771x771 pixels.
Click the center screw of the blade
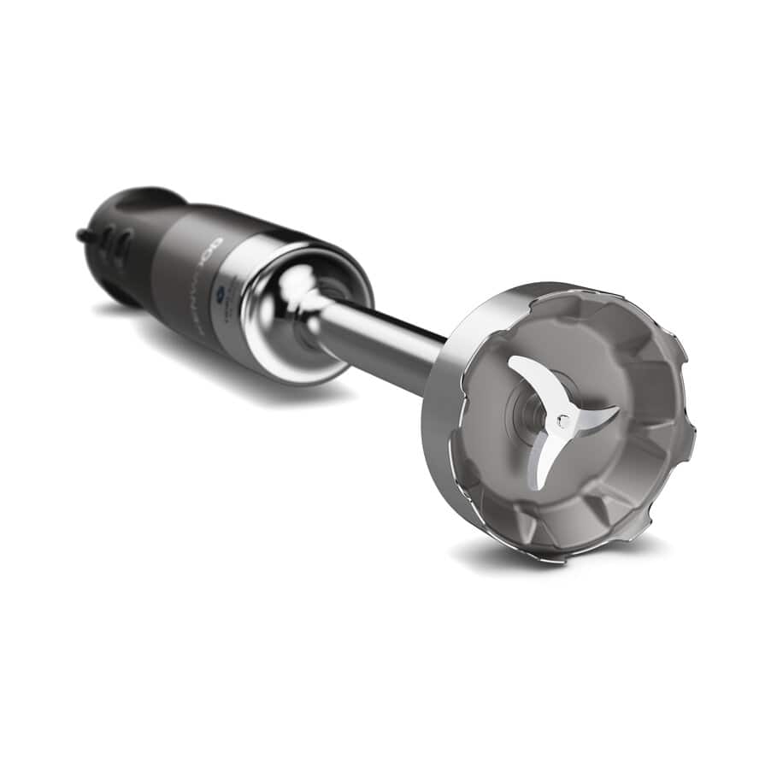562,420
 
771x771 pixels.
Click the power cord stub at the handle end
84,233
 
